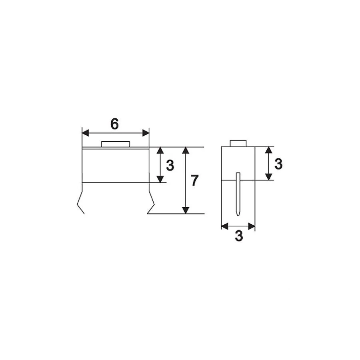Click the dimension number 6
tap(114, 124)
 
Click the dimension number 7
tap(194, 180)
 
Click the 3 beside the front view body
tap(170, 165)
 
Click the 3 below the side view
tap(239, 236)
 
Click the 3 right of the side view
tap(278, 164)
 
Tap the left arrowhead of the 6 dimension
tap(86, 133)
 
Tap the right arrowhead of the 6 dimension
tap(146, 133)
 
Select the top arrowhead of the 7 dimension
tap(186, 150)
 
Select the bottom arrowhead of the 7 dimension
tap(186, 210)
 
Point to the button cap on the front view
tap(116, 144)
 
